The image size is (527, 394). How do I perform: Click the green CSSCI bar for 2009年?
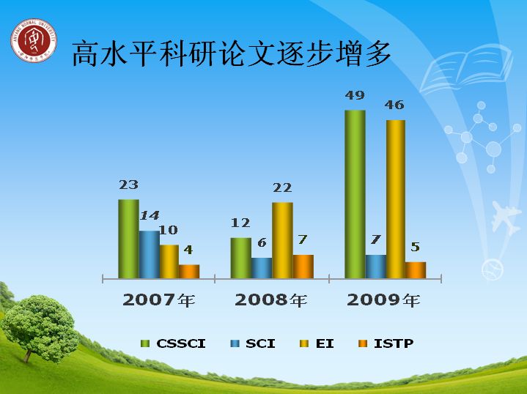[x=355, y=194]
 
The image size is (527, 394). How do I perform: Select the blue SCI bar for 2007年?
[x=150, y=254]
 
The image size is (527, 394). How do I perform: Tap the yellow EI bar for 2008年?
[x=282, y=240]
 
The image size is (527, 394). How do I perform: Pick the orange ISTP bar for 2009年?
[x=416, y=270]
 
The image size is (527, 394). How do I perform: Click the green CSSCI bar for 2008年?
[x=240, y=258]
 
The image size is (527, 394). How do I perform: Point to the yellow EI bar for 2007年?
[x=169, y=261]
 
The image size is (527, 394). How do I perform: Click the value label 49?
[x=355, y=95]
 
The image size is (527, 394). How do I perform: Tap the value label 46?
[x=394, y=105]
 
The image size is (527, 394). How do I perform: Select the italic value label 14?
[x=150, y=215]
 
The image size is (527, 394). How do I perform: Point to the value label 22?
[x=282, y=187]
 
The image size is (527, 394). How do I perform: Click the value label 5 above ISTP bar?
[x=416, y=248]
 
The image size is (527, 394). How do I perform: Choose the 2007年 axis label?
[x=158, y=300]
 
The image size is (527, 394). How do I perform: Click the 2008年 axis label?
[x=271, y=300]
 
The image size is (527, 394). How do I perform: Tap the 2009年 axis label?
[x=383, y=300]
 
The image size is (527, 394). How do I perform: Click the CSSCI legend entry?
[x=173, y=343]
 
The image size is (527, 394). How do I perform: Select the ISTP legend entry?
[x=386, y=343]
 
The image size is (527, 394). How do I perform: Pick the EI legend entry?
[x=317, y=343]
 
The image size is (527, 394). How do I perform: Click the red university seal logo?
[x=33, y=40]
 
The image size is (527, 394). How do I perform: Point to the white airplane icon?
[x=506, y=218]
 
